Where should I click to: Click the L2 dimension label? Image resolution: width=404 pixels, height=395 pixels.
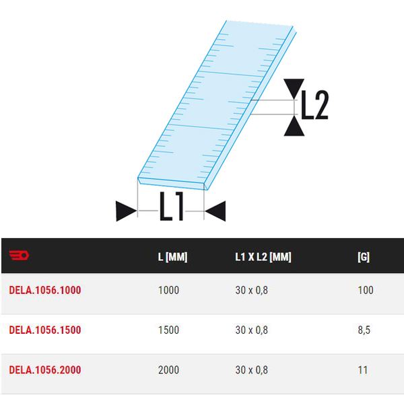[x=314, y=105]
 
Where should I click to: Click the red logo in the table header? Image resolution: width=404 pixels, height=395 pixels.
[x=19, y=256]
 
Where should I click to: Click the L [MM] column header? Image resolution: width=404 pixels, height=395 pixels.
[x=172, y=257]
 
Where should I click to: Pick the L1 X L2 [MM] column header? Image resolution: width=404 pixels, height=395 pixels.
[x=263, y=257]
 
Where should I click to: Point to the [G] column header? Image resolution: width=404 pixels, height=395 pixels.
[x=363, y=257]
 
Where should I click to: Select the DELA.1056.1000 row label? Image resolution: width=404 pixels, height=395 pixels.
[x=45, y=290]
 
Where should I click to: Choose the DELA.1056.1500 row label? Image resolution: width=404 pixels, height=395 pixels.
[x=45, y=330]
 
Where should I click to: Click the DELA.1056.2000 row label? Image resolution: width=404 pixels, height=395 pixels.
[x=45, y=369]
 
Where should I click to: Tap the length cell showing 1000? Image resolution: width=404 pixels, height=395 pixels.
[x=168, y=290]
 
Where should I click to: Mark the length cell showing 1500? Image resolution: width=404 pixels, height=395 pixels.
[x=168, y=330]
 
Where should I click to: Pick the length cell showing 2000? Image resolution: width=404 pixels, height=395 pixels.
[x=168, y=369]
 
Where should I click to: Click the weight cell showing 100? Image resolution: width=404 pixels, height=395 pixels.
[x=364, y=290]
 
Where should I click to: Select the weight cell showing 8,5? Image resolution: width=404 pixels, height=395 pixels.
[x=364, y=330]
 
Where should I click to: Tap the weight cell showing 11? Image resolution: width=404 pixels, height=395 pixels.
[x=362, y=369]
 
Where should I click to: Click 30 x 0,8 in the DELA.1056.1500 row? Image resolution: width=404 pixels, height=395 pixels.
[x=251, y=330]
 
